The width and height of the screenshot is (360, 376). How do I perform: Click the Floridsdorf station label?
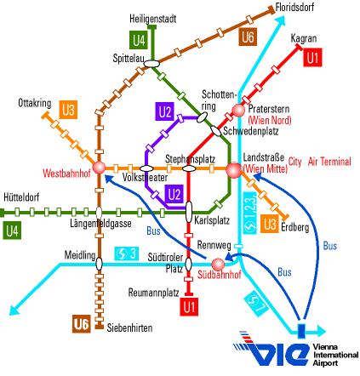point(294,8)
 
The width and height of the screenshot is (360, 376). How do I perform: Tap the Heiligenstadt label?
point(153,19)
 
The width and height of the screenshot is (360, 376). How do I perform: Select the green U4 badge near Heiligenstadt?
point(139,40)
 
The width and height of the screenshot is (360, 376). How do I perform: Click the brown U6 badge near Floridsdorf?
point(248,37)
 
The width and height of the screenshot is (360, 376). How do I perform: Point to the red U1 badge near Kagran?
point(312,58)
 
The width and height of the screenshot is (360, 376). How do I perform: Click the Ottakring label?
point(35,103)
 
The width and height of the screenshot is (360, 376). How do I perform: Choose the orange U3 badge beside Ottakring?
point(68,110)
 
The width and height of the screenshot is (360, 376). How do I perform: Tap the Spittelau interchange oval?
point(151,64)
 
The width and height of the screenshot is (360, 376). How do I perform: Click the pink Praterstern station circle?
point(238,110)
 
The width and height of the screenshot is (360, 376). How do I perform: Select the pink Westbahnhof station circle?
point(99,168)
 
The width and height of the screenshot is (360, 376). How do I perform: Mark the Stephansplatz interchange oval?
point(189,168)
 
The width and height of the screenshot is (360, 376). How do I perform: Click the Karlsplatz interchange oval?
point(189,212)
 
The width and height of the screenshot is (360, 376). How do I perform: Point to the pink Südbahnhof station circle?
point(218,265)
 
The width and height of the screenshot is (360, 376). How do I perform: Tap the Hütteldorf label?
point(21,197)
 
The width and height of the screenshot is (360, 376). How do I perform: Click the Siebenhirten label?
point(129,328)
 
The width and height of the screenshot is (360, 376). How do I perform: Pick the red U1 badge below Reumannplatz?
point(189,306)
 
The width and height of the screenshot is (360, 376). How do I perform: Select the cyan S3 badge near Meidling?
point(127,254)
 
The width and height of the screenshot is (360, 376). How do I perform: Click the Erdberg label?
point(295,227)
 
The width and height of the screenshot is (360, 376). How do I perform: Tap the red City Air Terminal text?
point(320,162)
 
